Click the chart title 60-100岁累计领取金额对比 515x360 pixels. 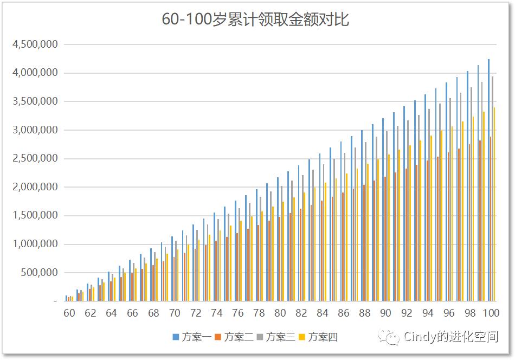[x=255, y=20]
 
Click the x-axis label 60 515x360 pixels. [x=69, y=313]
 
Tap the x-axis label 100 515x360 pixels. [x=491, y=313]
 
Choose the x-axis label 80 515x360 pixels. [x=280, y=313]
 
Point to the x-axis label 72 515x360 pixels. [x=196, y=313]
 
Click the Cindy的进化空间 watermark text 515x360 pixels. [x=450, y=337]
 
